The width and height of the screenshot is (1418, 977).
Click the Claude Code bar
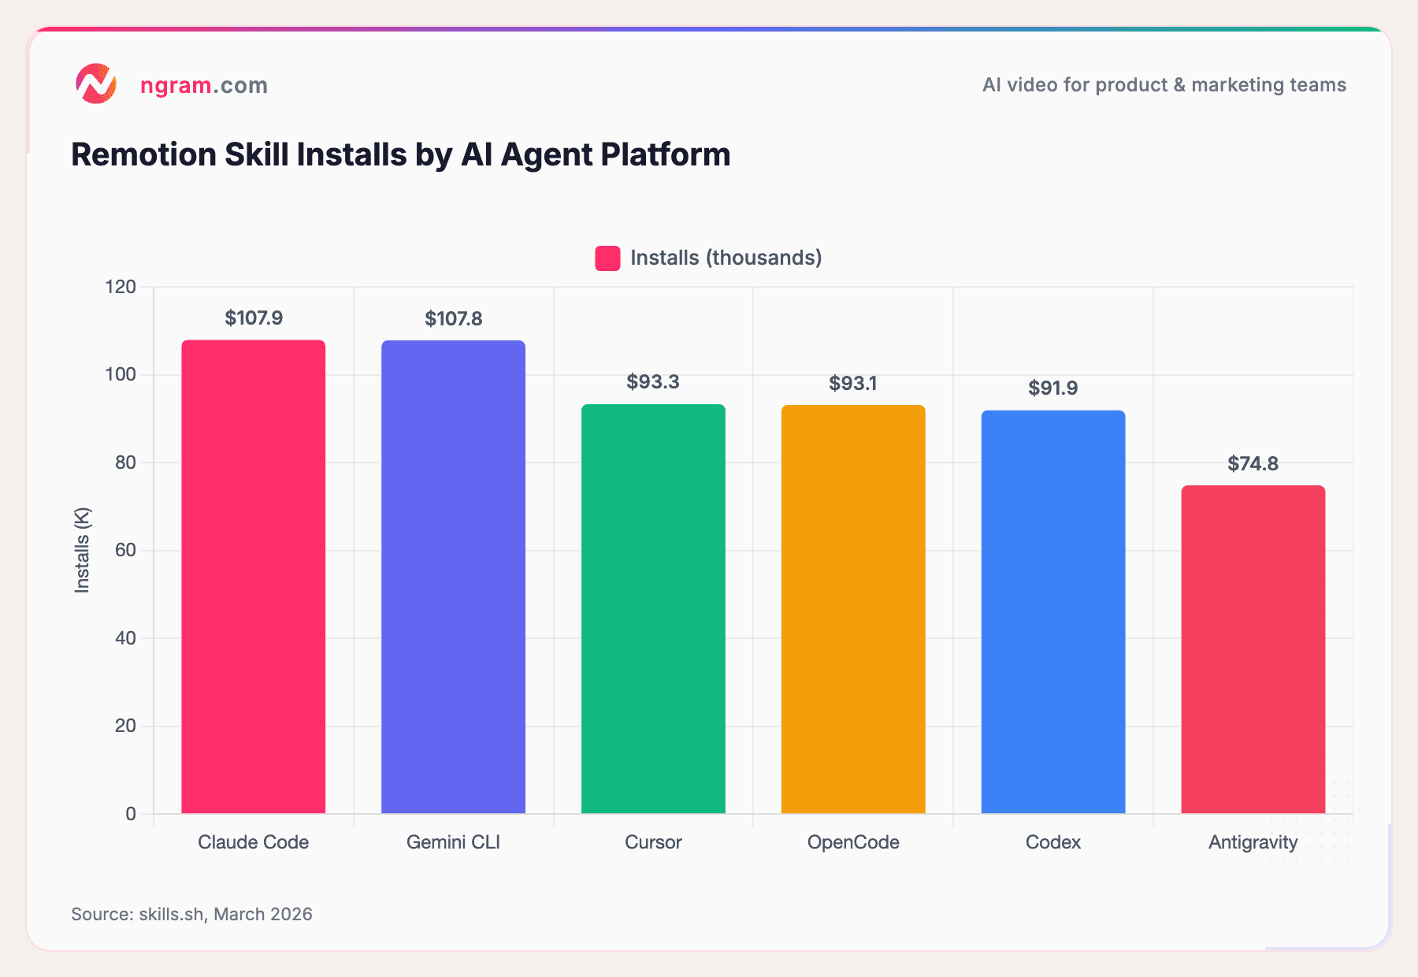253,577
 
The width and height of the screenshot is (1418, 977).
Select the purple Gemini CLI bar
453,577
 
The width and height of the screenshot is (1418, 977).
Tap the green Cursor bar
653,608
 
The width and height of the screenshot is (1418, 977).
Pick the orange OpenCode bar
853,609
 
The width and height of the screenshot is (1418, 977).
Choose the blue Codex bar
1053,611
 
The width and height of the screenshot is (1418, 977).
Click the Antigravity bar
1253,649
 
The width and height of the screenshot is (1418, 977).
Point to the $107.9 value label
254,318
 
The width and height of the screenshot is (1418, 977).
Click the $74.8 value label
1253,464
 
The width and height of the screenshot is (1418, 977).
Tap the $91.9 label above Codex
1052,388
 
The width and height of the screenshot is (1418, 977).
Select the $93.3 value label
653,382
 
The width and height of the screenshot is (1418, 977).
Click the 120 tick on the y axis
121,287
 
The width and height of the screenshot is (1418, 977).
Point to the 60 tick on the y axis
125,550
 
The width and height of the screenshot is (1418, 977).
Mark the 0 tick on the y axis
131,814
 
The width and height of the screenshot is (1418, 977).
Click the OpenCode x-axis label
853,842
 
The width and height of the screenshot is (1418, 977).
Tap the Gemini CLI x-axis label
453,842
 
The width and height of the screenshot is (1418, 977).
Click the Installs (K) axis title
82,550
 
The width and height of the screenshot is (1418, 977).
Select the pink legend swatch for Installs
607,258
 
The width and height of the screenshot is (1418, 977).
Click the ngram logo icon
96,84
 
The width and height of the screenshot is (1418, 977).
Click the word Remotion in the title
143,154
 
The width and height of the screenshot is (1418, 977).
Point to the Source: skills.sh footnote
191,914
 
